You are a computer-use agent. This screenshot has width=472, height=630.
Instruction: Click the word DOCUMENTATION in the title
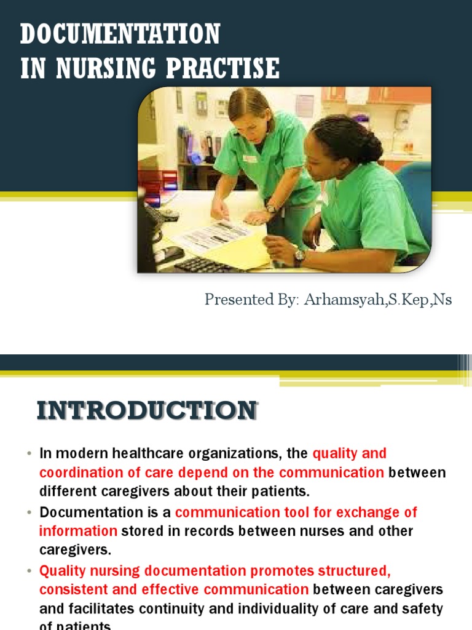point(120,34)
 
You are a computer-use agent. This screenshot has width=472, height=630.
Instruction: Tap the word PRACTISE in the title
point(229,68)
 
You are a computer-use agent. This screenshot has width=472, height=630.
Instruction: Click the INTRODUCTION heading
point(147,410)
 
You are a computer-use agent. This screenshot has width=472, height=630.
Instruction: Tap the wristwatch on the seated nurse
point(299,257)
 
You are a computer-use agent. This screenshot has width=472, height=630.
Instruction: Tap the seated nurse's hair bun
point(371,147)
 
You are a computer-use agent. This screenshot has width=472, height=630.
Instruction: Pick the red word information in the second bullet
point(78,530)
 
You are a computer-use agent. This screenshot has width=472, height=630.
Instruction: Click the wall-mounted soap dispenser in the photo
point(403,118)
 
